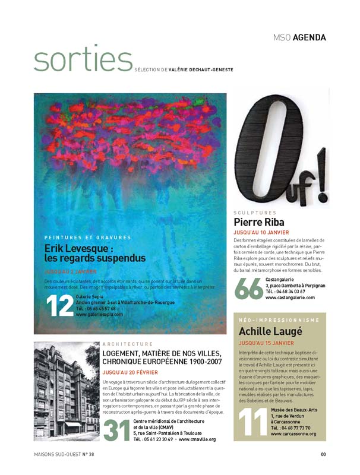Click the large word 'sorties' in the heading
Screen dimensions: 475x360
click(x=83, y=60)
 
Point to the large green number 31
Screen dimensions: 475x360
click(x=117, y=430)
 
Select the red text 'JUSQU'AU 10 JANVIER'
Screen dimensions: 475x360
click(x=261, y=233)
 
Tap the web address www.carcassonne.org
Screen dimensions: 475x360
click(x=293, y=434)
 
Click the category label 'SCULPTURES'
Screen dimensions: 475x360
click(x=255, y=212)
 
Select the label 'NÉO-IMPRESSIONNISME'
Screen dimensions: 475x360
click(x=279, y=321)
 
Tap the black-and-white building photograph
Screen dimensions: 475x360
click(x=66, y=391)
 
